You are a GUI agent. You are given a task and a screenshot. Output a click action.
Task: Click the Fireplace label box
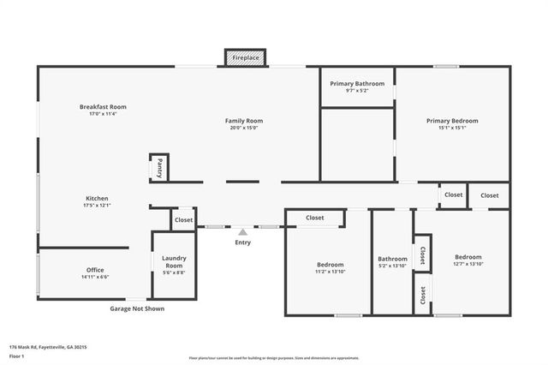tap(246, 57)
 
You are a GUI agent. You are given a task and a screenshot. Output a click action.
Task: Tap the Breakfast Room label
tap(103, 107)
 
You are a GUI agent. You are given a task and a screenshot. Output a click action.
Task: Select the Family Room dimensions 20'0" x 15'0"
tap(243, 129)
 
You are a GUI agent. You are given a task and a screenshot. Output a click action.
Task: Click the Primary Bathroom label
tap(357, 83)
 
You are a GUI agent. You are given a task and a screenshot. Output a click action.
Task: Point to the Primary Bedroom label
tap(452, 121)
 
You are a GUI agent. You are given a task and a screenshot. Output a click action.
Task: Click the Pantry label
tap(159, 168)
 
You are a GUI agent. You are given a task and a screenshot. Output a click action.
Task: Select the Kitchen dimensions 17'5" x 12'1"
tap(97, 206)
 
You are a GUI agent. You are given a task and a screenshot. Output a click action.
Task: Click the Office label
tap(94, 270)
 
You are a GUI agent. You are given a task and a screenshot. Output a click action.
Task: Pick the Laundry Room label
tap(174, 261)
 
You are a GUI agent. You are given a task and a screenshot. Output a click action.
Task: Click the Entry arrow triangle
tap(243, 231)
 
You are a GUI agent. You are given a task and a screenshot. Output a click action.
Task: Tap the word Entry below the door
tap(243, 243)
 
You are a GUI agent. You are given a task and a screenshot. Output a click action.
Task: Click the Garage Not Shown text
tap(137, 308)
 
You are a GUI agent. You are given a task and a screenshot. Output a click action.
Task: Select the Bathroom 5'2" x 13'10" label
tap(393, 262)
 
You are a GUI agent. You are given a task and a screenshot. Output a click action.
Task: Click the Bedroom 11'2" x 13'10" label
tap(330, 267)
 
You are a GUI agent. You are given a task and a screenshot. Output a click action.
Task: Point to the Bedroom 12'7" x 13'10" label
tap(468, 260)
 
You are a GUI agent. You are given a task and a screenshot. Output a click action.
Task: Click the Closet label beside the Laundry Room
tap(184, 220)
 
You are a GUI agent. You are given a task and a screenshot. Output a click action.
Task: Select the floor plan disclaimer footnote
tap(274, 358)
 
